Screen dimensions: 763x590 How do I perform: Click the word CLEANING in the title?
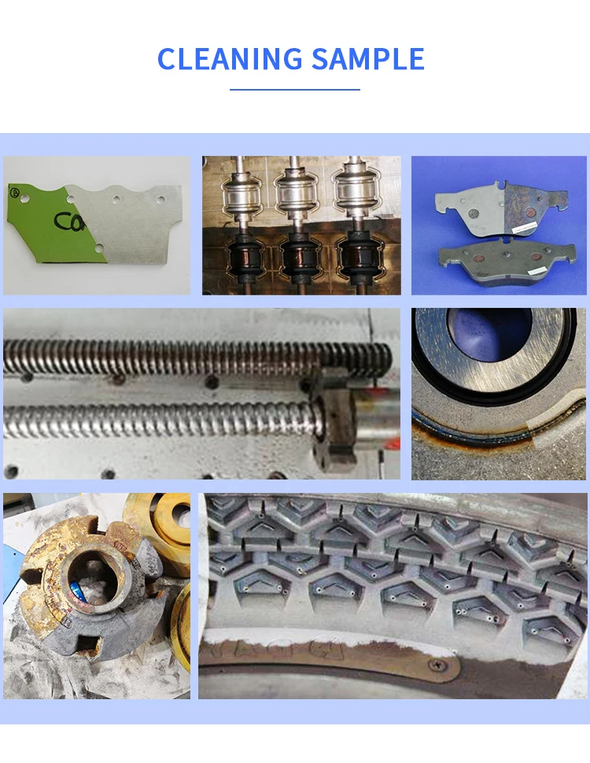[230, 60]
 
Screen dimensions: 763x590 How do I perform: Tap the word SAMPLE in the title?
[367, 60]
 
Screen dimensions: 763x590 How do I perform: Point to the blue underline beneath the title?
[295, 89]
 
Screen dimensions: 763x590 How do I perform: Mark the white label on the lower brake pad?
[537, 270]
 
